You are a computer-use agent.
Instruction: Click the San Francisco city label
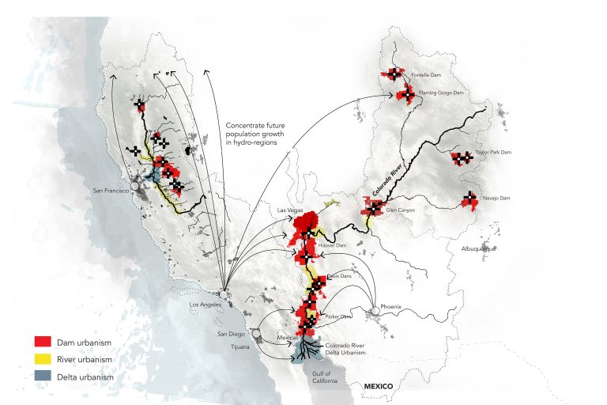[110, 191]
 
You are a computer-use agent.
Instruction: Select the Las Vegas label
[290, 210]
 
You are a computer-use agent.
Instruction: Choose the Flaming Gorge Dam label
[441, 93]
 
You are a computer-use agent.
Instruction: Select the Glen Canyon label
[401, 210]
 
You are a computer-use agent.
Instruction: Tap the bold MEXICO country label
[379, 386]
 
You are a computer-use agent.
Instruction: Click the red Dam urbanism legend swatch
[43, 342]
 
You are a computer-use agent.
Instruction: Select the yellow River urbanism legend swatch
[43, 360]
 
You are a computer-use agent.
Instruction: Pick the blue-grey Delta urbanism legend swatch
[43, 377]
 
